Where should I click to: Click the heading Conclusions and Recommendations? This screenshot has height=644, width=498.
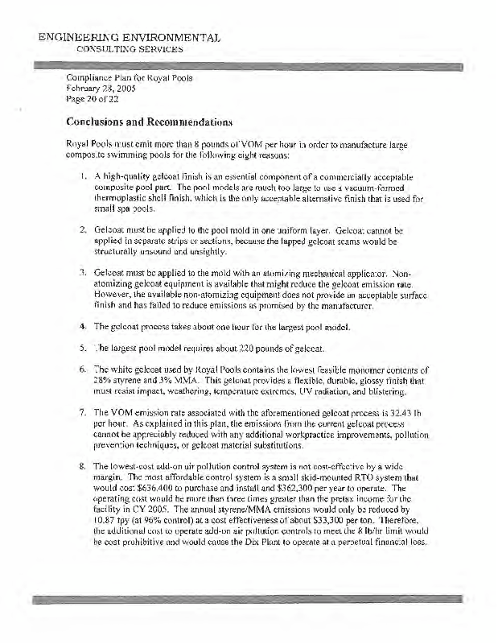[150, 123]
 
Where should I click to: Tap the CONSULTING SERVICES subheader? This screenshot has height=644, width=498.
[130, 49]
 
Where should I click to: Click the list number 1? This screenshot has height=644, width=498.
[84, 176]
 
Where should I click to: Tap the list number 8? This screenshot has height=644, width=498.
[84, 466]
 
